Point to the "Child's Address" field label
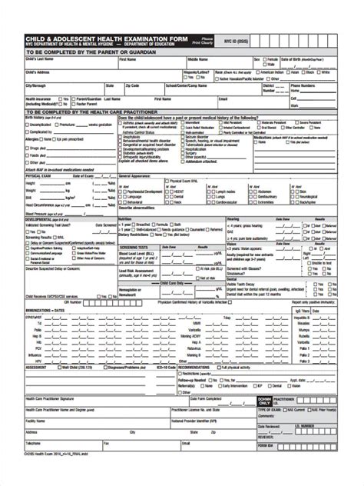click(37, 71)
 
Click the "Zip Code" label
click(131, 85)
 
